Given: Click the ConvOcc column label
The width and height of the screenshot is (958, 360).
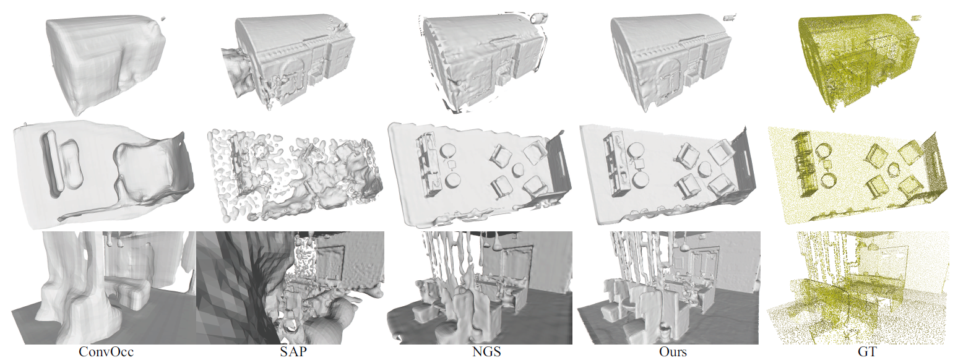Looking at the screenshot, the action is pos(106,352).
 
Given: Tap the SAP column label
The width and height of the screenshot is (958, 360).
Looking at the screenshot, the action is pos(293,352).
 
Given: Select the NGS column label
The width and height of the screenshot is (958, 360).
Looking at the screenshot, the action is pos(486,352).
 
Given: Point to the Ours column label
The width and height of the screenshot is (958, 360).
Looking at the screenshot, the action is pos(673,352).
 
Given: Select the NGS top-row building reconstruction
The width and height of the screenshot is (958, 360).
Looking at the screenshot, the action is pos(483,62).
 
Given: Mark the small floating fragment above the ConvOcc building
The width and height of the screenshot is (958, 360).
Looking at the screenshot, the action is pos(163,19).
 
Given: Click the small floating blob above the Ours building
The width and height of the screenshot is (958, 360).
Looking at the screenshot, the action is pos(730,18).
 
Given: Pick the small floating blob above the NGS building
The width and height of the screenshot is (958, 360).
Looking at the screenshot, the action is pos(538,18).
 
